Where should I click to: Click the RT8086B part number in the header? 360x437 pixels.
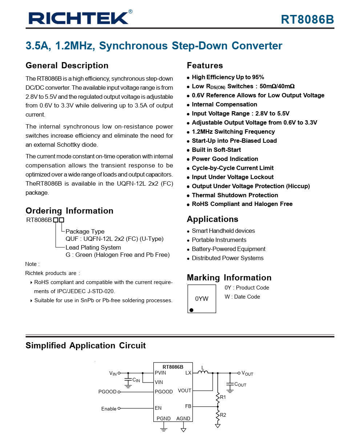(307, 19)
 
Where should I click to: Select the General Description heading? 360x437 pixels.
(67, 66)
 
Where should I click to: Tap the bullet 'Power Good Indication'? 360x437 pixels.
(225, 159)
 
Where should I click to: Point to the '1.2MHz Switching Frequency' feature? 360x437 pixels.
(233, 131)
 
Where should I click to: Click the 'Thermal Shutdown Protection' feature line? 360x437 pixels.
(235, 195)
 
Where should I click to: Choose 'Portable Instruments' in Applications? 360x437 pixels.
(219, 240)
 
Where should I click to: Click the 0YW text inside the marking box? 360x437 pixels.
(202, 299)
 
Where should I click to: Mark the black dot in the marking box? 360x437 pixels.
(191, 310)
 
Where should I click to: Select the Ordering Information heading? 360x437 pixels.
(69, 211)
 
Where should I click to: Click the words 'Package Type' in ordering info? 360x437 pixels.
(85, 231)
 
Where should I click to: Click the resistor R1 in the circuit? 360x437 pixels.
(218, 397)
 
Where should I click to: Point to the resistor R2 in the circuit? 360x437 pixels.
(218, 415)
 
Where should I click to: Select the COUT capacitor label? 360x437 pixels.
(240, 384)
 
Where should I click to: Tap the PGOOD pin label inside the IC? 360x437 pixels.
(164, 392)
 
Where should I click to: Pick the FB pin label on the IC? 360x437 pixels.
(188, 406)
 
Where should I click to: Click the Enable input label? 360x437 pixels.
(109, 409)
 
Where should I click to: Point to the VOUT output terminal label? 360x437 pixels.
(247, 373)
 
